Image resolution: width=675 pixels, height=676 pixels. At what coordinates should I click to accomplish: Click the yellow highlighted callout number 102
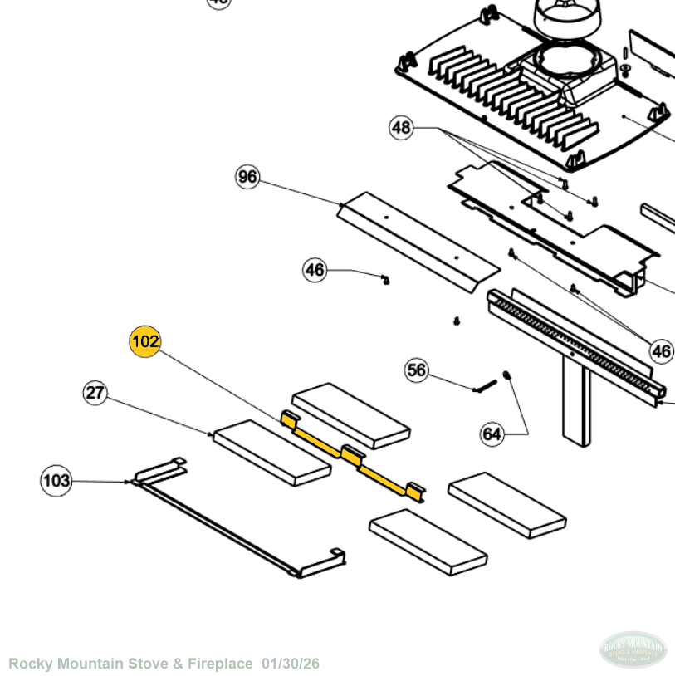point(144,341)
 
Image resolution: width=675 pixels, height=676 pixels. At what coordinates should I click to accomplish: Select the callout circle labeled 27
point(95,392)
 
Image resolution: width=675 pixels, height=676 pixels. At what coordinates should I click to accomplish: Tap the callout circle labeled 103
point(56,480)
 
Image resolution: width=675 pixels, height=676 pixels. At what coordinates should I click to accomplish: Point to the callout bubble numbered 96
point(247,177)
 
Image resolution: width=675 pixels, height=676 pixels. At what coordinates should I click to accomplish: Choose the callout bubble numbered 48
point(401,128)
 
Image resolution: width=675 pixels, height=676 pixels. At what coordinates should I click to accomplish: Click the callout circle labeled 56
point(417,370)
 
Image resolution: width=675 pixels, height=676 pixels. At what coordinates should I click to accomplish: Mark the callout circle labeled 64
point(492,434)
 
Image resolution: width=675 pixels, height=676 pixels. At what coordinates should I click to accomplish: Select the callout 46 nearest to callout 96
point(315,270)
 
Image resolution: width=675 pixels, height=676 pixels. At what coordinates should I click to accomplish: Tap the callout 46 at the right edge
point(661,351)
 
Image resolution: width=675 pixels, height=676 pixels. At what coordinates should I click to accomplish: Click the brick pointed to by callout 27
point(271,453)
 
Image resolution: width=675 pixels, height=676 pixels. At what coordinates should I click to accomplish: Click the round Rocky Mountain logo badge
point(633,649)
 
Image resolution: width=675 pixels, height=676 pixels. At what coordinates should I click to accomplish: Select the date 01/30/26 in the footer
point(290,664)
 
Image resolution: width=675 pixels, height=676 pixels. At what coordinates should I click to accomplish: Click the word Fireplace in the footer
point(222,664)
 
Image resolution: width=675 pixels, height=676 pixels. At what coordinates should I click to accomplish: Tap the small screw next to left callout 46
point(385,278)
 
